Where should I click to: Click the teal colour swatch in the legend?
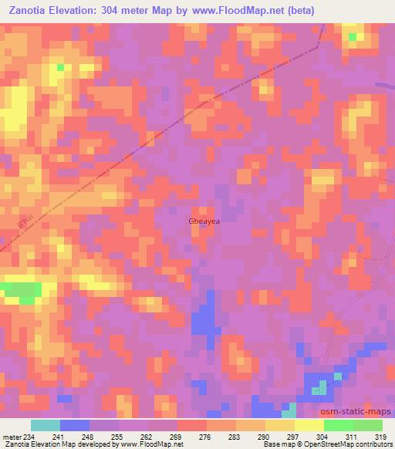point(46,425)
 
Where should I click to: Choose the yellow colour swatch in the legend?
point(309,425)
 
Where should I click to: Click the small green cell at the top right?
point(353,36)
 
